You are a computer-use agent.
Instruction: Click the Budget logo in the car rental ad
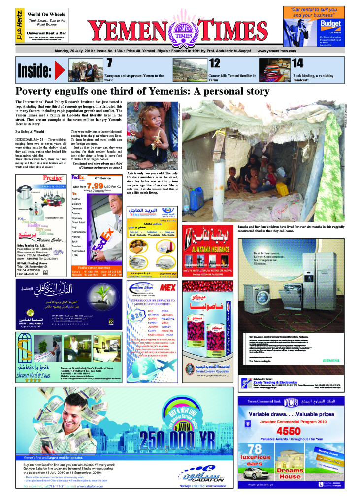pyautogui.click(x=330, y=24)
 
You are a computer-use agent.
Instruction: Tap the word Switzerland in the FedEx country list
pyautogui.click(x=81, y=251)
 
